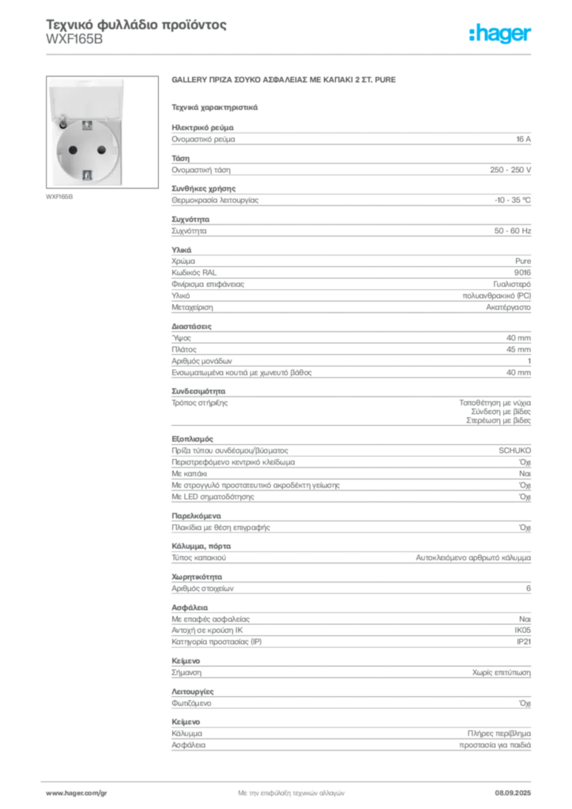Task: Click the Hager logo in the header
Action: tap(500, 34)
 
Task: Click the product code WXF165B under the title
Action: tap(74, 40)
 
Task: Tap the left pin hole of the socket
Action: tap(73, 150)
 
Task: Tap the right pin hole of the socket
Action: tap(102, 149)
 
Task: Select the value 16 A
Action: tap(524, 139)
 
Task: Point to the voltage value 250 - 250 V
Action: tap(510, 170)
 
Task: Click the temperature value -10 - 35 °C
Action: tap(513, 200)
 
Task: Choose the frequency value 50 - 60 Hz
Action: tap(513, 231)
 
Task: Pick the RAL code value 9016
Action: tap(522, 273)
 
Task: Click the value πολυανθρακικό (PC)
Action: tap(497, 295)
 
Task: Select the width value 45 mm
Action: tap(518, 349)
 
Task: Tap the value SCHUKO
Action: tap(515, 450)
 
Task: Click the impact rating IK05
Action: tap(522, 630)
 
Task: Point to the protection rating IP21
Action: tap(524, 642)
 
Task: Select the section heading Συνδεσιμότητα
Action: tap(198, 391)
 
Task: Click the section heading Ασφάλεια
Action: tap(190, 608)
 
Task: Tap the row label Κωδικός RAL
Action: tap(194, 273)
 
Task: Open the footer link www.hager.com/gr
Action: tap(77, 793)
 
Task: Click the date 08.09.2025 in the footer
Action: tap(513, 793)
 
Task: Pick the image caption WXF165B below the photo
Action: tap(59, 197)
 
